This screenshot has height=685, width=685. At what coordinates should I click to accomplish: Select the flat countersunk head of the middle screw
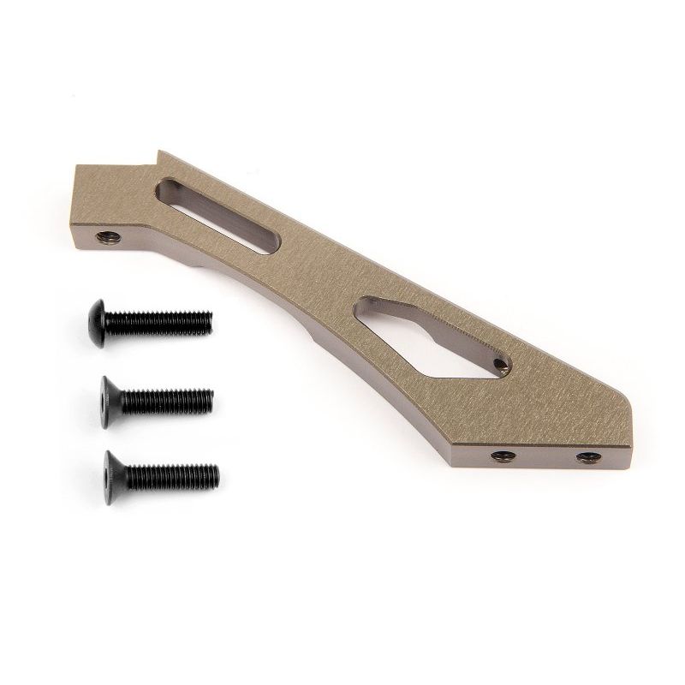pyautogui.click(x=109, y=396)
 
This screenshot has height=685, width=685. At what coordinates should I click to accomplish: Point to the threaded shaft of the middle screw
pyautogui.click(x=167, y=398)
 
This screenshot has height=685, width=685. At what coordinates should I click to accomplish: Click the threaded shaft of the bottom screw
pyautogui.click(x=171, y=472)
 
